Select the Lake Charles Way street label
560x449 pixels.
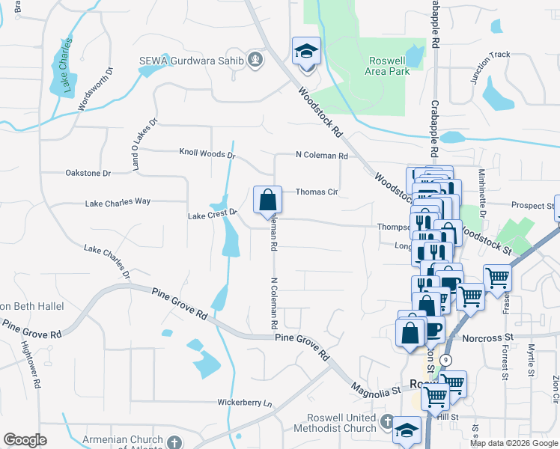pyautogui.click(x=118, y=202)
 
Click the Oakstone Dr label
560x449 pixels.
pyautogui.click(x=88, y=173)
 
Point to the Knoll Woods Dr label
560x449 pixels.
pyautogui.click(x=207, y=154)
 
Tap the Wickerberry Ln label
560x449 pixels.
pyautogui.click(x=245, y=403)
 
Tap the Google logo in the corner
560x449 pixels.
pyautogui.click(x=25, y=440)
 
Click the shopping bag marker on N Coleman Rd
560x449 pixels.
pyautogui.click(x=267, y=201)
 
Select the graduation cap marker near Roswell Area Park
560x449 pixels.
pyautogui.click(x=306, y=52)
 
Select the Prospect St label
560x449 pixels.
pyautogui.click(x=532, y=205)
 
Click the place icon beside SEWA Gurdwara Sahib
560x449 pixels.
pyautogui.click(x=255, y=58)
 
